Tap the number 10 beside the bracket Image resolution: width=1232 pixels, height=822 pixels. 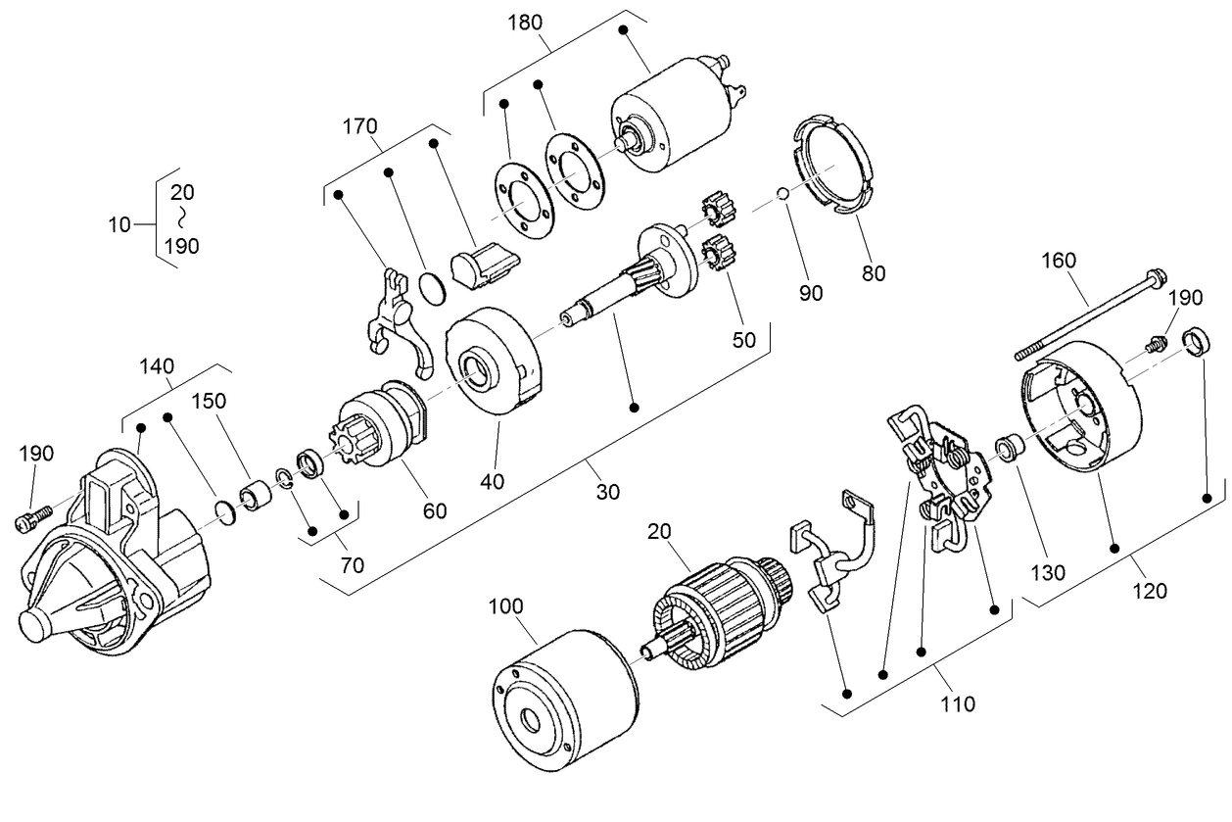119,225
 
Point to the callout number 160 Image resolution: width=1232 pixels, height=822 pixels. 1058,261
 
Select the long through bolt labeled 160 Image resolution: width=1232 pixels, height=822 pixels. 1087,314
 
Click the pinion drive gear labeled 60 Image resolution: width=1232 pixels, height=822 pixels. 375,423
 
